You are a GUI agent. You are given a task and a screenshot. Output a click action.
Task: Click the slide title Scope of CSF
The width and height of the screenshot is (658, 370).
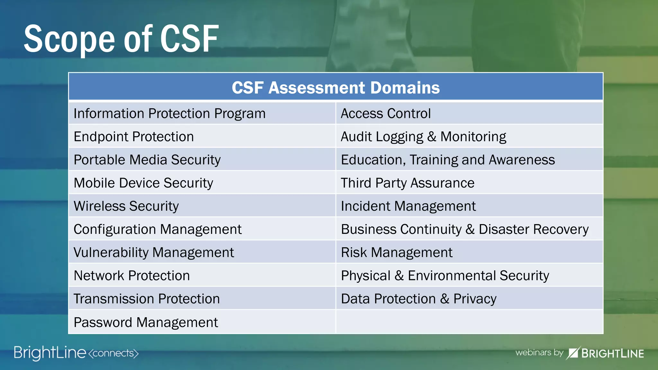121,39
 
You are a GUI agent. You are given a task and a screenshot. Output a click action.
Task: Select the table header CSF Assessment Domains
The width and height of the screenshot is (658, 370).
336,88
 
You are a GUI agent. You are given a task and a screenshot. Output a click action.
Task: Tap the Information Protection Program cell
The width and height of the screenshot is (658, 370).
169,114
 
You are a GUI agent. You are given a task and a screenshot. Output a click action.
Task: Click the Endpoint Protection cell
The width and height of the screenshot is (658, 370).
134,137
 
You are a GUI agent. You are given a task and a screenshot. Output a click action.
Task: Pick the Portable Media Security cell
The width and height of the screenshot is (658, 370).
147,160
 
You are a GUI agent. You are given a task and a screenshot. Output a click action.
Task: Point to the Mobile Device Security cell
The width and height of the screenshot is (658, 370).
143,183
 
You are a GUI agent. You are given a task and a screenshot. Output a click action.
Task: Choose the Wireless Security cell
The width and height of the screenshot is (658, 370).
126,206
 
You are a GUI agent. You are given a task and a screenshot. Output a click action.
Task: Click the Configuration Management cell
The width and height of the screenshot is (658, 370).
157,229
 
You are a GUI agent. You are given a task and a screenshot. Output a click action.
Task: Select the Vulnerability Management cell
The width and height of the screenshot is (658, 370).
154,252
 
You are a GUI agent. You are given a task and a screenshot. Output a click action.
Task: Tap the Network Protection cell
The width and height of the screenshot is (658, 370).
132,276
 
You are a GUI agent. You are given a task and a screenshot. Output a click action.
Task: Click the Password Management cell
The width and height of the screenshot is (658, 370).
146,322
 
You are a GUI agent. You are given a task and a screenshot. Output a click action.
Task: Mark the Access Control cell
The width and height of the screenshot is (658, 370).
386,114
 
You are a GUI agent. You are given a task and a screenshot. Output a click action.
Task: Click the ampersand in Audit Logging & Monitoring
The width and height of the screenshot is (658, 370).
432,137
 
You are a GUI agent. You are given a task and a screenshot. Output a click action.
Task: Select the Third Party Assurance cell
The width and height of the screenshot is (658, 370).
407,183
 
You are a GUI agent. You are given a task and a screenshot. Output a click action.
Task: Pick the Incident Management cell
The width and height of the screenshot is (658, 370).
408,206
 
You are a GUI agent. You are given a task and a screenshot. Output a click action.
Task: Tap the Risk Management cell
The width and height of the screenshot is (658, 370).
396,252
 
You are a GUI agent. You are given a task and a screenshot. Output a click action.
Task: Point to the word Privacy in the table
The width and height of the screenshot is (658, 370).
475,299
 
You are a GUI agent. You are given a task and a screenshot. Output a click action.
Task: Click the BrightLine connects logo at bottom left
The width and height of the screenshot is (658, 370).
76,353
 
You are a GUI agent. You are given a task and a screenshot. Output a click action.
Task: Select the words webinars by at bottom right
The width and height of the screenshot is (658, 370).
539,352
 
